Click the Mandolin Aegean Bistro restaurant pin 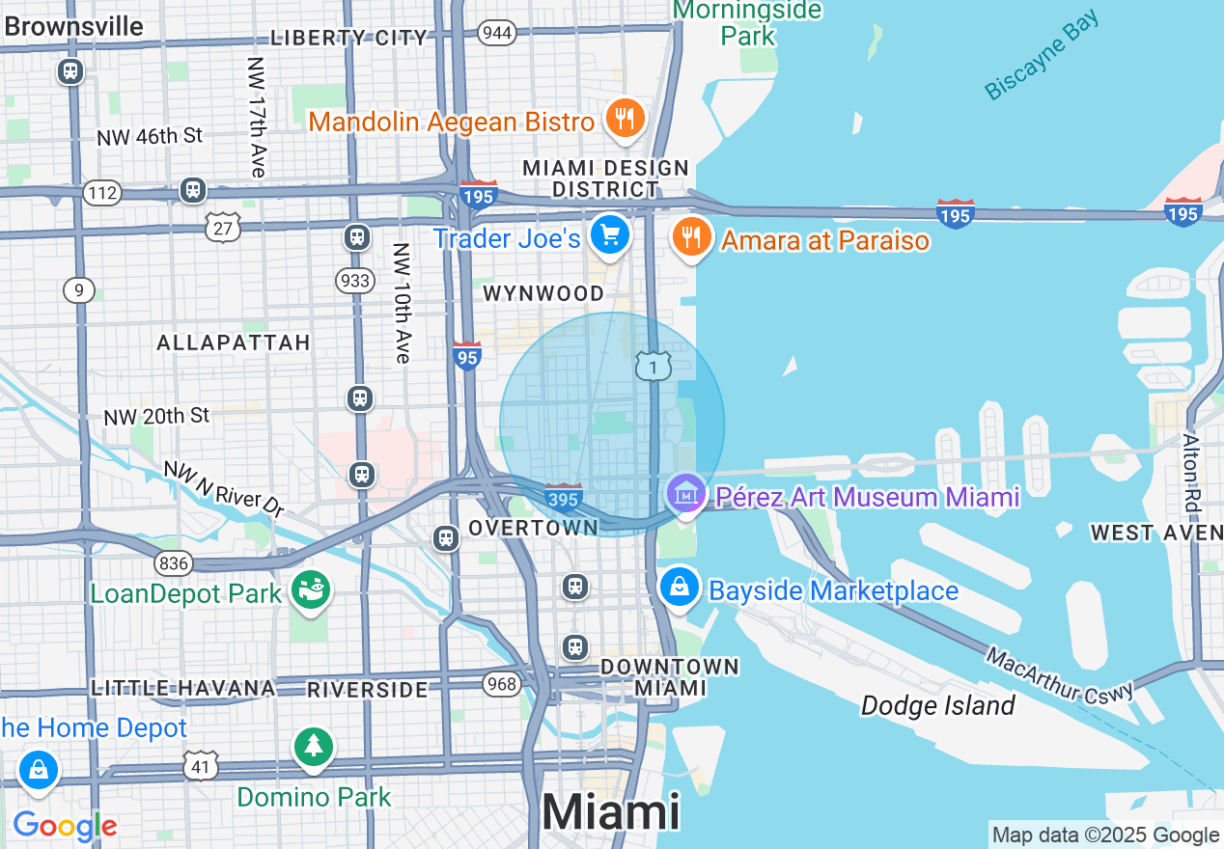625,119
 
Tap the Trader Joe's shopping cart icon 610,234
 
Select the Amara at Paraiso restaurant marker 691,236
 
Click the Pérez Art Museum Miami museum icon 685,494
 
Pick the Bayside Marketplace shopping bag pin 680,587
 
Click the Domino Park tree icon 313,747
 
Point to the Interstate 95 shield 466,356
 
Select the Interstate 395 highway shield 563,498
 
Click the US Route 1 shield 654,366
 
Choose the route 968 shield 502,684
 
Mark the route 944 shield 496,33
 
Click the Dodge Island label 937,705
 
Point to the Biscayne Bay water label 1042,55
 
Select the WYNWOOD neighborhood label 543,293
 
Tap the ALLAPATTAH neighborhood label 234,342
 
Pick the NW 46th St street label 150,137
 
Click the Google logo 65,826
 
